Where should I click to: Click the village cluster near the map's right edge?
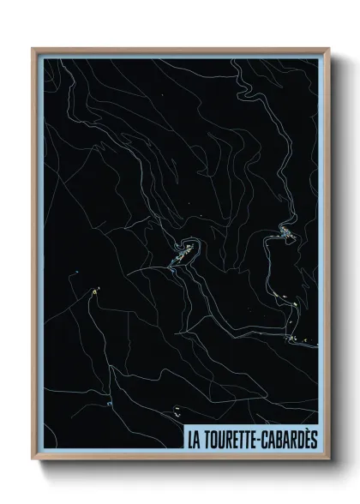coord(285,232)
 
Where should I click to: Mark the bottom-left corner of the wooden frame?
coord(33,459)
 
